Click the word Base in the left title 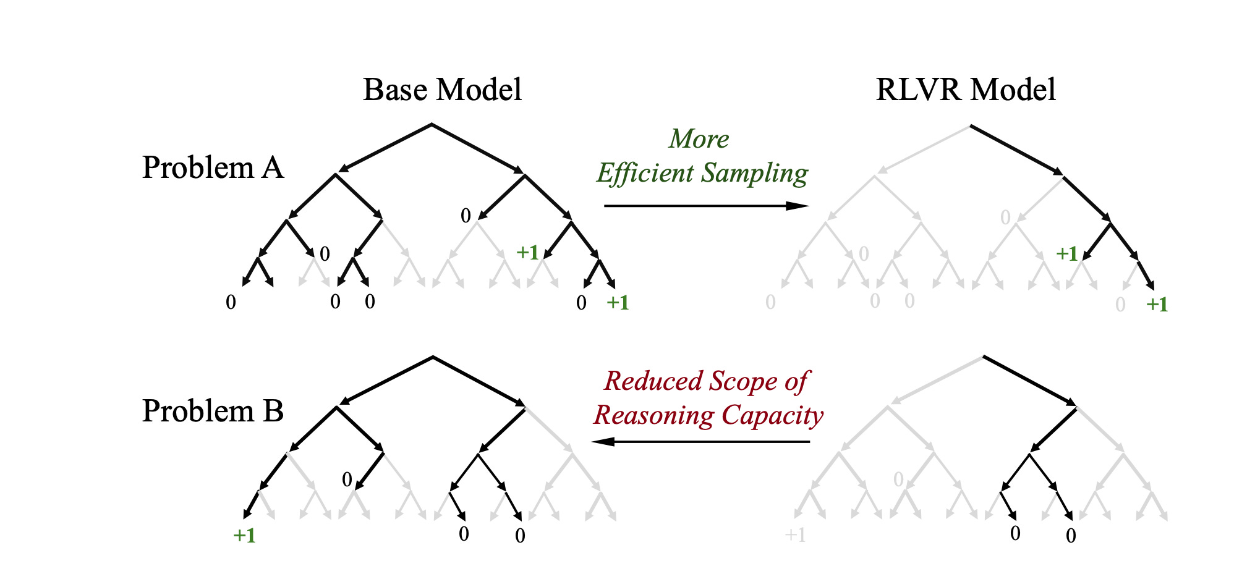(x=394, y=90)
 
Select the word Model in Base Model (x=479, y=90)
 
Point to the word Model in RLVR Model (x=1013, y=90)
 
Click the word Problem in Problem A (x=198, y=167)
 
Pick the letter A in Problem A (x=272, y=167)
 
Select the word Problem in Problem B (x=198, y=411)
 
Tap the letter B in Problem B (x=273, y=411)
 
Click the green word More (x=699, y=139)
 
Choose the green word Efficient (x=645, y=173)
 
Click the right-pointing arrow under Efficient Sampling (x=707, y=206)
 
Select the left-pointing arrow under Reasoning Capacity (x=700, y=441)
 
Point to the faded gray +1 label (x=795, y=535)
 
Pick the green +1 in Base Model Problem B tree (x=244, y=535)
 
